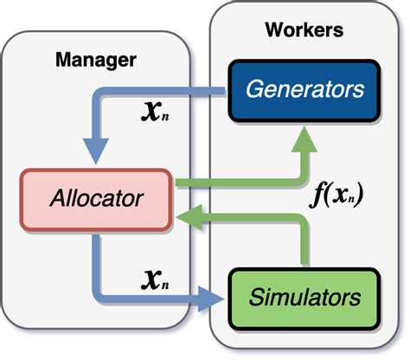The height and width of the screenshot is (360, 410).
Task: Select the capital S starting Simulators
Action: click(x=255, y=298)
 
